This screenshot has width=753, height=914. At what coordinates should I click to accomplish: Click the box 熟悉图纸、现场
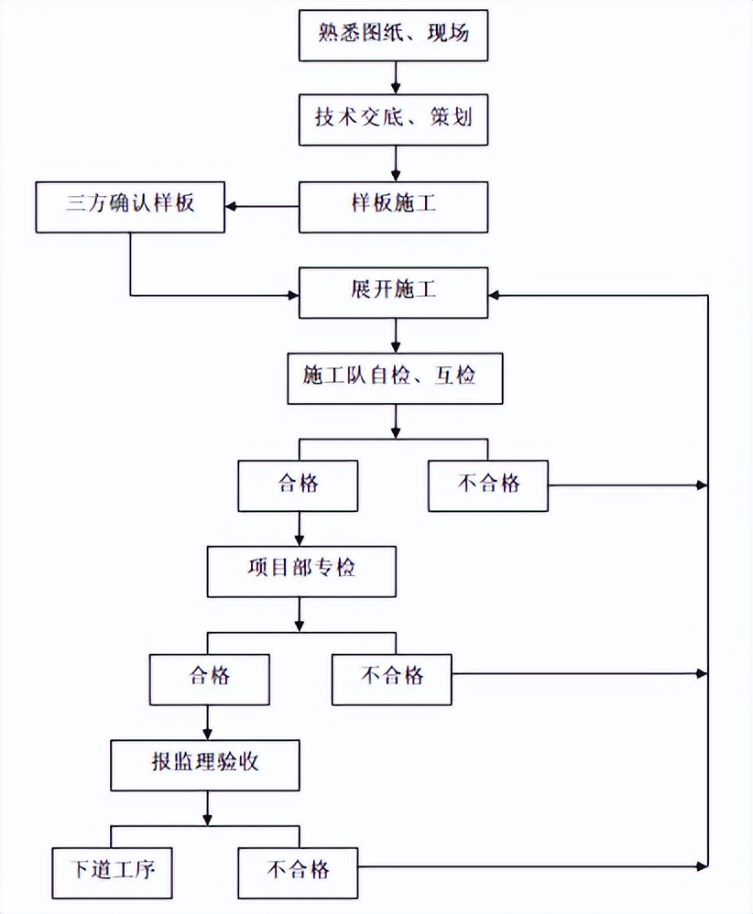click(395, 35)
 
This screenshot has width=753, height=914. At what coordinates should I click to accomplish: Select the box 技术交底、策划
click(395, 119)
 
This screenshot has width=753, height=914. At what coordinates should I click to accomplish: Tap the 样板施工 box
click(395, 206)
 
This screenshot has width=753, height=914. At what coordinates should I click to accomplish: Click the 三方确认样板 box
click(130, 206)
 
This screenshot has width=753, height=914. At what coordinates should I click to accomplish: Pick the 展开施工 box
click(395, 294)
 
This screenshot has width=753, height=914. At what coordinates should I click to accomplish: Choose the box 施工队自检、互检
click(395, 378)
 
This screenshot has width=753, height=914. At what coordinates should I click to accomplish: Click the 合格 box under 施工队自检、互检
click(298, 484)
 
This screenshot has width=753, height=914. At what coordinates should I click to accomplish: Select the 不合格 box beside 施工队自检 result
click(487, 484)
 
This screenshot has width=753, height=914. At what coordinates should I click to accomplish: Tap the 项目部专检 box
click(301, 571)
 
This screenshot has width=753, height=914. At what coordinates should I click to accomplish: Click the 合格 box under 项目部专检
click(210, 678)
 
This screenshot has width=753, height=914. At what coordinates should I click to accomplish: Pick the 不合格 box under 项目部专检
click(392, 678)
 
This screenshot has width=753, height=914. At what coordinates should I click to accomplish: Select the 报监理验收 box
click(206, 763)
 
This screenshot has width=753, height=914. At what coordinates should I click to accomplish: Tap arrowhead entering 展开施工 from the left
click(295, 295)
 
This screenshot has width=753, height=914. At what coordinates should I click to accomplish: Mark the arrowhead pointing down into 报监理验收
click(207, 733)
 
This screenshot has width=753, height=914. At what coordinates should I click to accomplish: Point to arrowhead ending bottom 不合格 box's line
click(703, 865)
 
